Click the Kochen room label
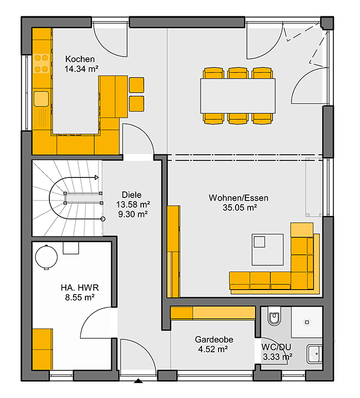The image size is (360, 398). coord(80,59)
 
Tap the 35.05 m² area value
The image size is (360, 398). coord(240,208)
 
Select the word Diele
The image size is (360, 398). coord(132,195)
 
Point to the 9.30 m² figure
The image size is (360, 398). coord(133,214)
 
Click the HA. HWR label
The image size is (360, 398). coord(80,287)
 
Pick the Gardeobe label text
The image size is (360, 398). coord(214,339)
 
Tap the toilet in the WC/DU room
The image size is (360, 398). coord(275,316)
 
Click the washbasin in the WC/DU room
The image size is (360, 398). coord(315,354)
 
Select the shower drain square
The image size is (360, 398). coord(307,322)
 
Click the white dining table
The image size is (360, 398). coord(238,96)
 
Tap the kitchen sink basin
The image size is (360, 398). coord(41,99)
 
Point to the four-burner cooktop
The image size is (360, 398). coord(41,63)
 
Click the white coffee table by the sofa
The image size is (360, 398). coord(267,250)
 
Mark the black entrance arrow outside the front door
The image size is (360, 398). coord(138,381)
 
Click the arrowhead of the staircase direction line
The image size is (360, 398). coord(97,177)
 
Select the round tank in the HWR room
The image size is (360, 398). coord(46,257)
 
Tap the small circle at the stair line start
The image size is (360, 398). coord(103,219)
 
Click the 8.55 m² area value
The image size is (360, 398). coord(80,297)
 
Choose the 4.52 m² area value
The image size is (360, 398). coord(213,349)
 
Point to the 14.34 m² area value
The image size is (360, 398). coord(81,69)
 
